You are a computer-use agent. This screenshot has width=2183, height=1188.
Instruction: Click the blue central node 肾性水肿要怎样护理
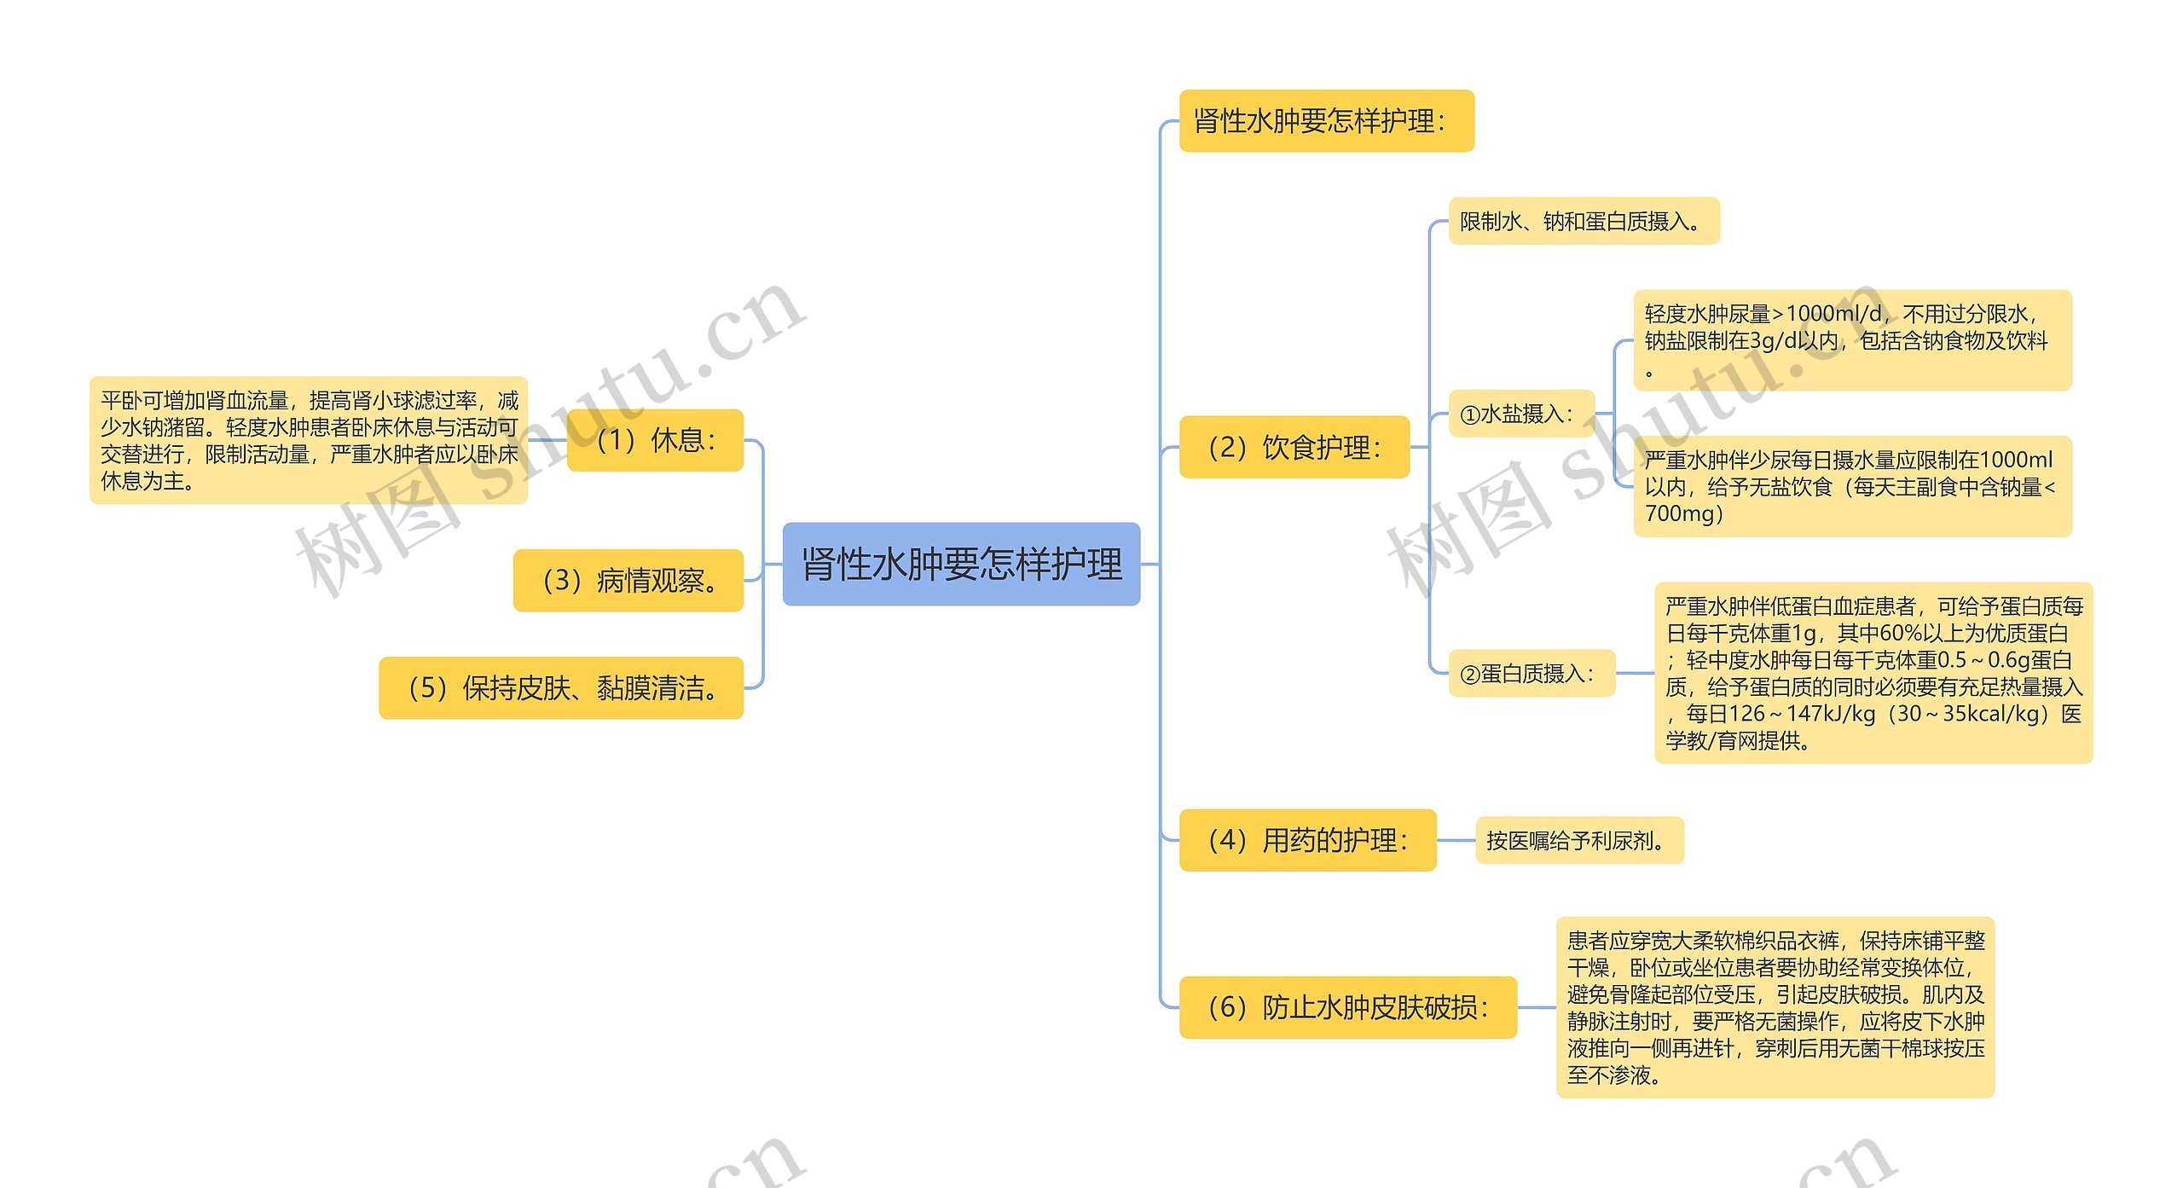click(x=961, y=564)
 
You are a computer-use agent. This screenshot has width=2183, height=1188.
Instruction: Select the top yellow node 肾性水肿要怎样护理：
click(x=1326, y=121)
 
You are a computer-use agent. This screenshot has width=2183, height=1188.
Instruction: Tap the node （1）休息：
click(x=655, y=440)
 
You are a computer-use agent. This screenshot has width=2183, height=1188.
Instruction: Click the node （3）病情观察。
click(x=628, y=581)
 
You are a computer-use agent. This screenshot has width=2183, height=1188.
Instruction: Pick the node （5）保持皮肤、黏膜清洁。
click(x=561, y=688)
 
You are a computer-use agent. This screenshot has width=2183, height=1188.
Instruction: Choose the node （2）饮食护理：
click(x=1294, y=447)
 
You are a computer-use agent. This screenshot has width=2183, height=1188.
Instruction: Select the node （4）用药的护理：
click(x=1307, y=840)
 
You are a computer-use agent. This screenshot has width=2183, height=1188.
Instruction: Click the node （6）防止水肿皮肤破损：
click(x=1347, y=1007)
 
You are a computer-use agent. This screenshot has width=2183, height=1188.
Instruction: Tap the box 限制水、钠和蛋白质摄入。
click(x=1584, y=222)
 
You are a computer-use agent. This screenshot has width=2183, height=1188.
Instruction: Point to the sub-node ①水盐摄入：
click(x=1520, y=414)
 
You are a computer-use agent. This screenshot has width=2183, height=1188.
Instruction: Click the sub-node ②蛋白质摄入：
click(x=1531, y=674)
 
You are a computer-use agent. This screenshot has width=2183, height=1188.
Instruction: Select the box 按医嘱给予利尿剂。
click(x=1579, y=841)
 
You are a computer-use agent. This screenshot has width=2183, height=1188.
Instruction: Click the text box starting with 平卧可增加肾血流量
click(x=309, y=440)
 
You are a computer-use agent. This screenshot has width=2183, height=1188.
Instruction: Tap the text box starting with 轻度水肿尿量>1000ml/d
click(x=1852, y=340)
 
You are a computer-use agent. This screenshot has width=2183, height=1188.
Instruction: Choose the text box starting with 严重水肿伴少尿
click(x=1852, y=486)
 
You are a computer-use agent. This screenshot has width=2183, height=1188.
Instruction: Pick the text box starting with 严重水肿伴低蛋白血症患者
click(x=1873, y=673)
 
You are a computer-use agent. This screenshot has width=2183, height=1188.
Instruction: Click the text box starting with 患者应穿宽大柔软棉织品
click(x=1775, y=1007)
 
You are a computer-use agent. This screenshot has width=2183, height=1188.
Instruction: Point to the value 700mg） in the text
click(x=1684, y=513)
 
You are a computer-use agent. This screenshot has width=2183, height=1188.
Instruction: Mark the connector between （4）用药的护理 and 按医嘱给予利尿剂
click(x=1456, y=840)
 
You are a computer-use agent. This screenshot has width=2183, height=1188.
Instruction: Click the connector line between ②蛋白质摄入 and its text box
click(x=1635, y=674)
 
